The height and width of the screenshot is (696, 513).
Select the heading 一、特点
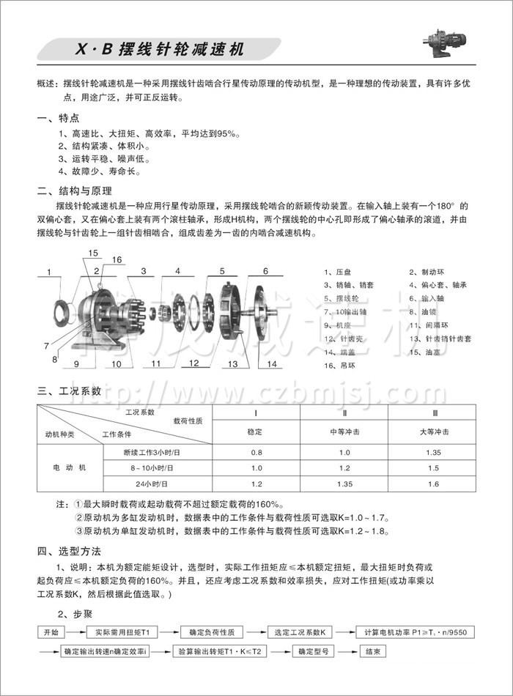point(58,118)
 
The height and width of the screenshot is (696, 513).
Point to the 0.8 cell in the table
point(256,453)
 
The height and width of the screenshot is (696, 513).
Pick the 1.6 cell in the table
point(434,484)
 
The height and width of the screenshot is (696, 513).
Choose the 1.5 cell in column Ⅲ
point(434,468)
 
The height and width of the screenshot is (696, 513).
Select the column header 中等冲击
point(344,432)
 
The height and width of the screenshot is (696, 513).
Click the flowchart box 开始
point(51,632)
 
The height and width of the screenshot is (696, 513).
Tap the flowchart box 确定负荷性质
point(212,632)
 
